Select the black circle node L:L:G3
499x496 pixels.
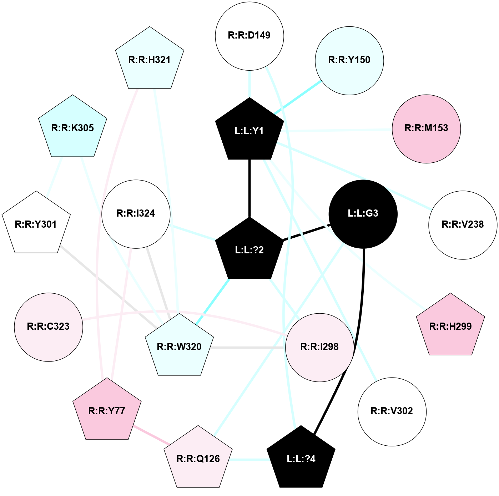point(363,214)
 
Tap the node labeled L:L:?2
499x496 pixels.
point(249,249)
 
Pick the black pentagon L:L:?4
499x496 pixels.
point(301,458)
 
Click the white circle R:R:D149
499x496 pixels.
point(249,36)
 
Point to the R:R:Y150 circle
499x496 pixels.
point(349,60)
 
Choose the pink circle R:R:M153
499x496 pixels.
point(426,128)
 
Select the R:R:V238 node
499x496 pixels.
point(463,225)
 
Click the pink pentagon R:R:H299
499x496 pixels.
point(450,326)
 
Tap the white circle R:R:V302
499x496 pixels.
point(392,411)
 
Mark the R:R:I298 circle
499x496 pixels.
point(319,347)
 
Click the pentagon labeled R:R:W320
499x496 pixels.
point(179,346)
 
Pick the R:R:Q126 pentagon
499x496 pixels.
point(198,458)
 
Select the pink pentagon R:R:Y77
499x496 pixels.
point(107,411)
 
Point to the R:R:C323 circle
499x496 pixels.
point(49,327)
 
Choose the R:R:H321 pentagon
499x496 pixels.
point(150,60)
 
